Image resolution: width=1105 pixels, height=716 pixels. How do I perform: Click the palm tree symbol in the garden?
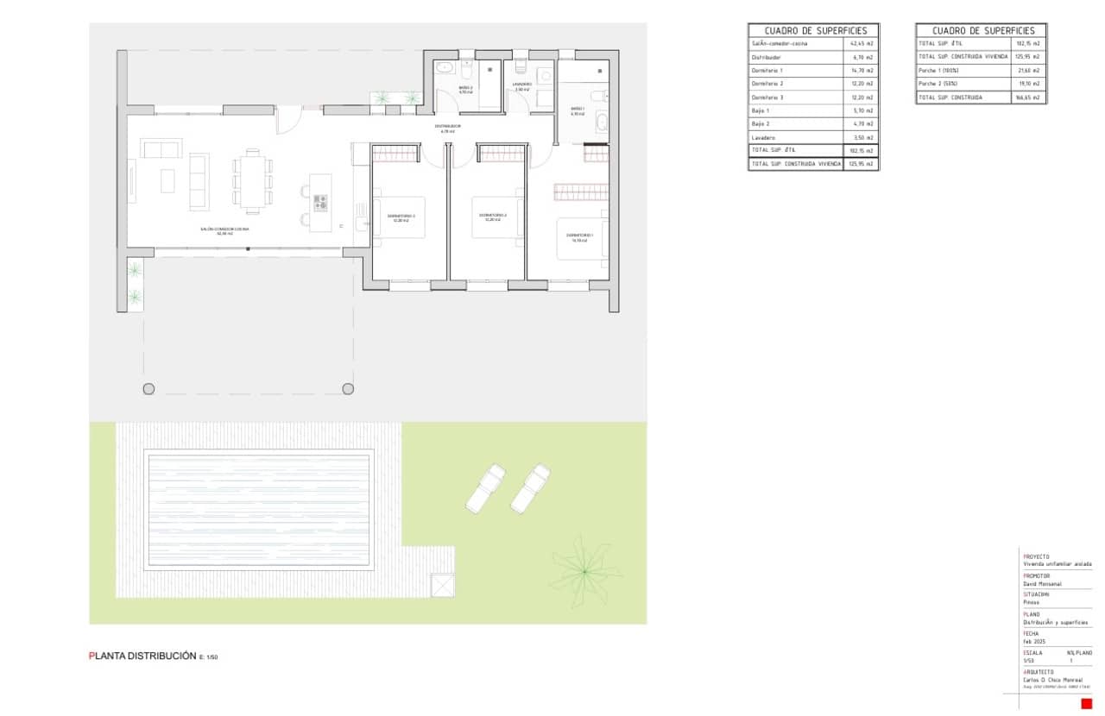pyautogui.click(x=584, y=571)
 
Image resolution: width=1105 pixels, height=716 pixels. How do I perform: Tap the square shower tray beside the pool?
pyautogui.click(x=443, y=585)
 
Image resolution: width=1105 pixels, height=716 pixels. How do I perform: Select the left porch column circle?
pyautogui.click(x=149, y=389)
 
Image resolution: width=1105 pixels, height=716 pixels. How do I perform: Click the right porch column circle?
pyautogui.click(x=348, y=389)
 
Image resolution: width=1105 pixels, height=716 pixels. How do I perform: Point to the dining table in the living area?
pyautogui.click(x=251, y=181)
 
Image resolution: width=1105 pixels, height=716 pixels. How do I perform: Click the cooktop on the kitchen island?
pyautogui.click(x=320, y=203)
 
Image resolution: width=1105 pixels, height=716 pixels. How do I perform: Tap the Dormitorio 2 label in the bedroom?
pyautogui.click(x=493, y=216)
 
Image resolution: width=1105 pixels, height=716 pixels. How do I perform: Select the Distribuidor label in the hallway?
pyautogui.click(x=447, y=127)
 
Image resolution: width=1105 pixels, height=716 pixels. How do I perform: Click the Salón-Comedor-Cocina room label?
pyautogui.click(x=224, y=229)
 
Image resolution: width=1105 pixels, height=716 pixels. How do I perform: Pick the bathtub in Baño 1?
pyautogui.click(x=602, y=122)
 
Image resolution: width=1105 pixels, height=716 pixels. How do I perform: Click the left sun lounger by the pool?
pyautogui.click(x=486, y=487)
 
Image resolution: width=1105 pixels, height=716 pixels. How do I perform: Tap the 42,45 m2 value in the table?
pyautogui.click(x=862, y=43)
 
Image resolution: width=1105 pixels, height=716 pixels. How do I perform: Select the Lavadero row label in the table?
pyautogui.click(x=763, y=138)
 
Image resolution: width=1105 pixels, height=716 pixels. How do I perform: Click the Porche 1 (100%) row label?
pyautogui.click(x=938, y=70)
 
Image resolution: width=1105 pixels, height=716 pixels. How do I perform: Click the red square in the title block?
pyautogui.click(x=1087, y=704)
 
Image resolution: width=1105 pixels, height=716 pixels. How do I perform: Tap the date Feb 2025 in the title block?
pyautogui.click(x=1034, y=642)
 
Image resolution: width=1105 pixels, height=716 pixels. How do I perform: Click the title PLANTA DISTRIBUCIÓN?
pyautogui.click(x=143, y=656)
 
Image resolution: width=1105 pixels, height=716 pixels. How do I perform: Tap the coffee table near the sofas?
pyautogui.click(x=167, y=180)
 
